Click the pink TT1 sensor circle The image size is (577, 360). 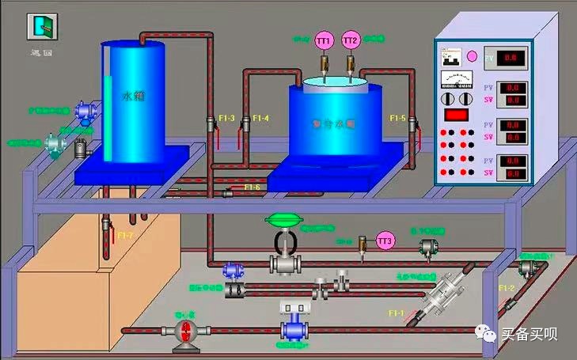(324, 40)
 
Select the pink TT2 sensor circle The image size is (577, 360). (351, 40)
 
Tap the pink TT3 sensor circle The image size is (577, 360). (385, 240)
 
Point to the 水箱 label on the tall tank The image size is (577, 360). (134, 96)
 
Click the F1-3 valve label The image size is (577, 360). (226, 119)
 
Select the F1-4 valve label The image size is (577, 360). (260, 119)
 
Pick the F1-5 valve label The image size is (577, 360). (397, 119)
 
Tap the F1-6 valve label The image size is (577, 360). (252, 187)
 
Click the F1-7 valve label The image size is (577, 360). (125, 235)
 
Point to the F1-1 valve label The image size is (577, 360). (396, 313)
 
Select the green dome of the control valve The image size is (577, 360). (282, 219)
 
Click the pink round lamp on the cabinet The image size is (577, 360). (473, 57)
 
